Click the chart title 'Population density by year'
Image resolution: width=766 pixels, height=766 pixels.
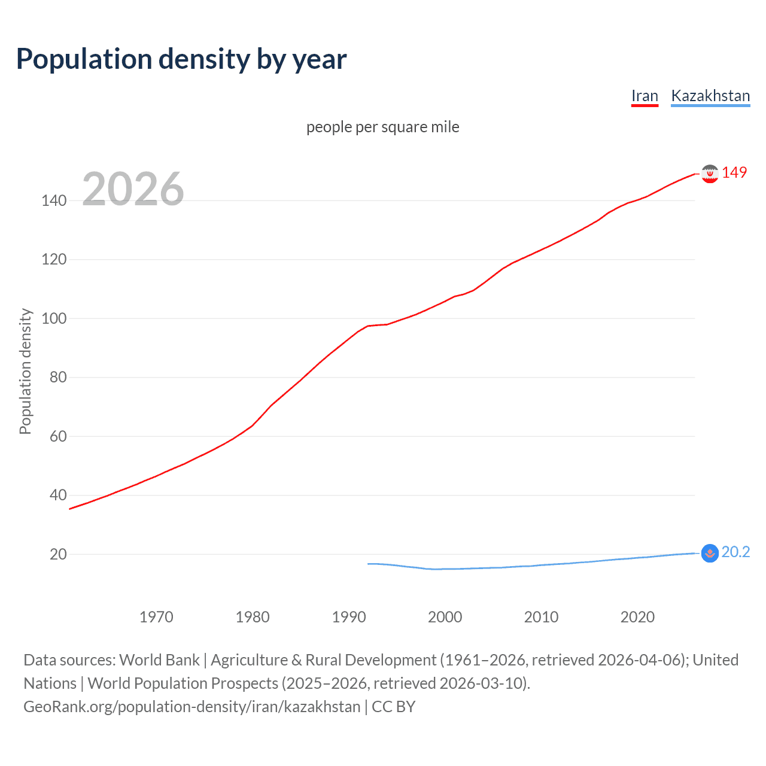click(x=181, y=59)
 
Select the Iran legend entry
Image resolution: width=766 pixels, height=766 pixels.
click(x=645, y=96)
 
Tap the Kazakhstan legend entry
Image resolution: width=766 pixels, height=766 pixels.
click(x=710, y=96)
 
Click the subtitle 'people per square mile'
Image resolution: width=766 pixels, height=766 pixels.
click(x=382, y=127)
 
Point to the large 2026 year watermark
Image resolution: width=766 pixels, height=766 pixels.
click(x=133, y=189)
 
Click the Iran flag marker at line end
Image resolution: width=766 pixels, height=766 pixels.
click(x=709, y=174)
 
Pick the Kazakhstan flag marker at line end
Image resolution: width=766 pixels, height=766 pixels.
click(x=709, y=553)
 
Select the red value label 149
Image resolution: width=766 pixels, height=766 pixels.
click(x=734, y=172)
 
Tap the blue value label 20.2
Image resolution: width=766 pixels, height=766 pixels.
click(x=735, y=552)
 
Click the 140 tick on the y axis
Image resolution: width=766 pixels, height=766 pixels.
click(x=54, y=200)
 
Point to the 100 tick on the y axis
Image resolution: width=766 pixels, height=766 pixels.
click(x=54, y=318)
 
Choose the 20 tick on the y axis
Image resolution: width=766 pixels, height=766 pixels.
click(x=58, y=554)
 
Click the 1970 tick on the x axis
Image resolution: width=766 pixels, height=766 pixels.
click(x=156, y=617)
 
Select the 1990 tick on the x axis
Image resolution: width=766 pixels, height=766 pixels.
click(x=349, y=617)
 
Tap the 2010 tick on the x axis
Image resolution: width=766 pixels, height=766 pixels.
click(x=541, y=617)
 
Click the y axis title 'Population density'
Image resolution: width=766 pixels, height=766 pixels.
click(x=25, y=371)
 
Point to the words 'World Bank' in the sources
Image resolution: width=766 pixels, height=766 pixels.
click(x=159, y=660)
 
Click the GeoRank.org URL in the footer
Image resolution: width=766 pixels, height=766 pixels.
click(x=191, y=707)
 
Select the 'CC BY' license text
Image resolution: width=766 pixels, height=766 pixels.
click(x=393, y=707)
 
